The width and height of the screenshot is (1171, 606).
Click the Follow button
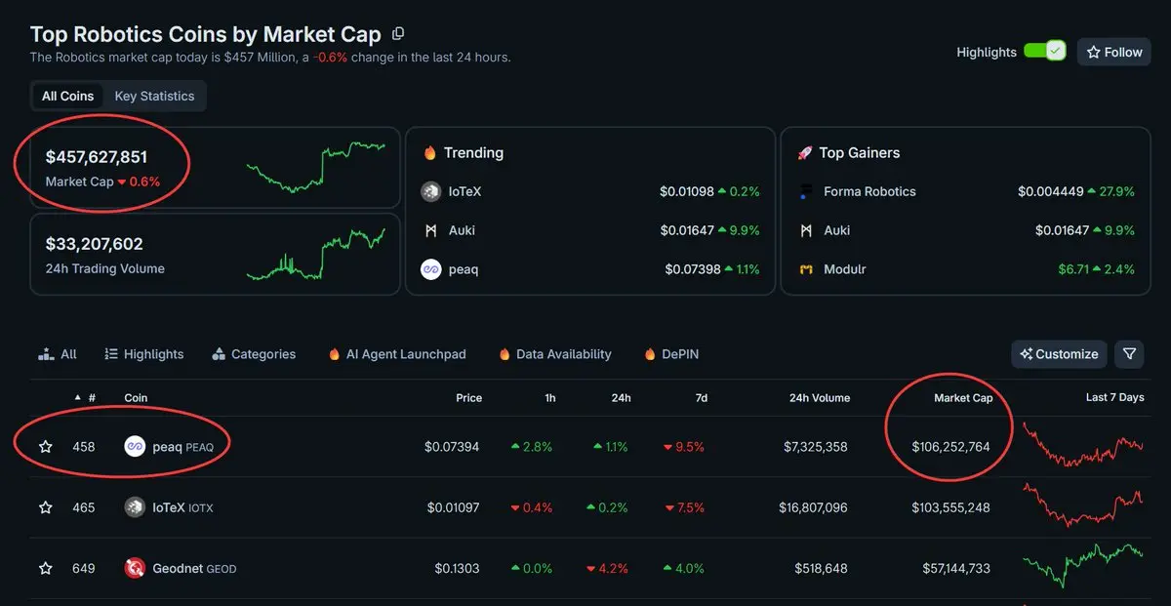coord(1113,52)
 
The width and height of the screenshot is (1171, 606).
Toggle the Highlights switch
coord(1044,52)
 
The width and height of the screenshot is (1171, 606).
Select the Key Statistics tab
coord(154,96)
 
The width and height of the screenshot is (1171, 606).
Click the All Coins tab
coord(67,96)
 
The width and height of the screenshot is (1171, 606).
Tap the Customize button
coord(1059,354)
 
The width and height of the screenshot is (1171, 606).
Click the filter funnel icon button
coord(1129,354)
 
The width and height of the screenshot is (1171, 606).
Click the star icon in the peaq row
coord(45,447)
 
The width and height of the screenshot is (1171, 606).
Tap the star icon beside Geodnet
coord(45,568)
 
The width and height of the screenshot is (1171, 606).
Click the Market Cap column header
coord(962,398)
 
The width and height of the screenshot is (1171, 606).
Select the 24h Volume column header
coord(819,398)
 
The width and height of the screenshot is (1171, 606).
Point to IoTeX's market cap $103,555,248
coord(950,507)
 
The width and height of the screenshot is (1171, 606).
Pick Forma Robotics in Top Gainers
coord(869,191)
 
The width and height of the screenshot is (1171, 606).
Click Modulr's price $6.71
coord(1074,269)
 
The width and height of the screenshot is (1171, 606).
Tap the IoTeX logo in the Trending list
coord(431,192)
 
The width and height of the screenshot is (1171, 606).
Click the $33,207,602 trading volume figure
coord(95,244)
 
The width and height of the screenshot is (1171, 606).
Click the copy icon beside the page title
coord(398,34)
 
